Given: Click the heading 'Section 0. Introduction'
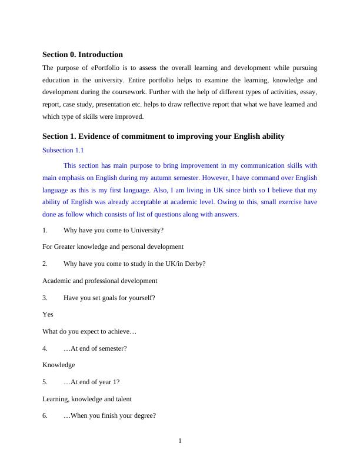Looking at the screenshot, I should click(x=82, y=55).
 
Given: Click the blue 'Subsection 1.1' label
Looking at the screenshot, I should click(x=63, y=150).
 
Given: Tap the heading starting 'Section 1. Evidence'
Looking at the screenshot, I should click(x=163, y=137).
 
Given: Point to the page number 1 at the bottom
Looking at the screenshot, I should click(x=180, y=441).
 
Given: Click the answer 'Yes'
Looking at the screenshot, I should click(x=48, y=314).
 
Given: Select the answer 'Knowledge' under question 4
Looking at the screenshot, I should click(x=59, y=365).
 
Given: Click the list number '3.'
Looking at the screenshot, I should click(x=45, y=298).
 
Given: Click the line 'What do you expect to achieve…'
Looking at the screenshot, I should click(x=89, y=331).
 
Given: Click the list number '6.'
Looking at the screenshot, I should click(x=45, y=416).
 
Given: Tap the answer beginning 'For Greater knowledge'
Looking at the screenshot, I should click(x=113, y=247).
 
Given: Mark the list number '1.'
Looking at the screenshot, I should click(x=45, y=230).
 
